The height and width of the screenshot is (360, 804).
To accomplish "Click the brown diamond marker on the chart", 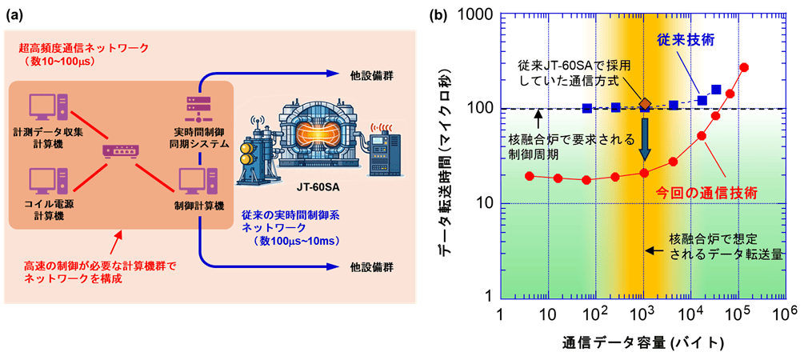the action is tap(646, 104).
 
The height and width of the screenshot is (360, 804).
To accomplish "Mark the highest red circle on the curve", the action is tap(745, 68).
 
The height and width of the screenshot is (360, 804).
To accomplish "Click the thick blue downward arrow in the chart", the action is tap(646, 139).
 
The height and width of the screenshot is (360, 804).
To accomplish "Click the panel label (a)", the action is tap(13, 15).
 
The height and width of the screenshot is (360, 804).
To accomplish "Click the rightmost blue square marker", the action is tap(716, 90).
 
